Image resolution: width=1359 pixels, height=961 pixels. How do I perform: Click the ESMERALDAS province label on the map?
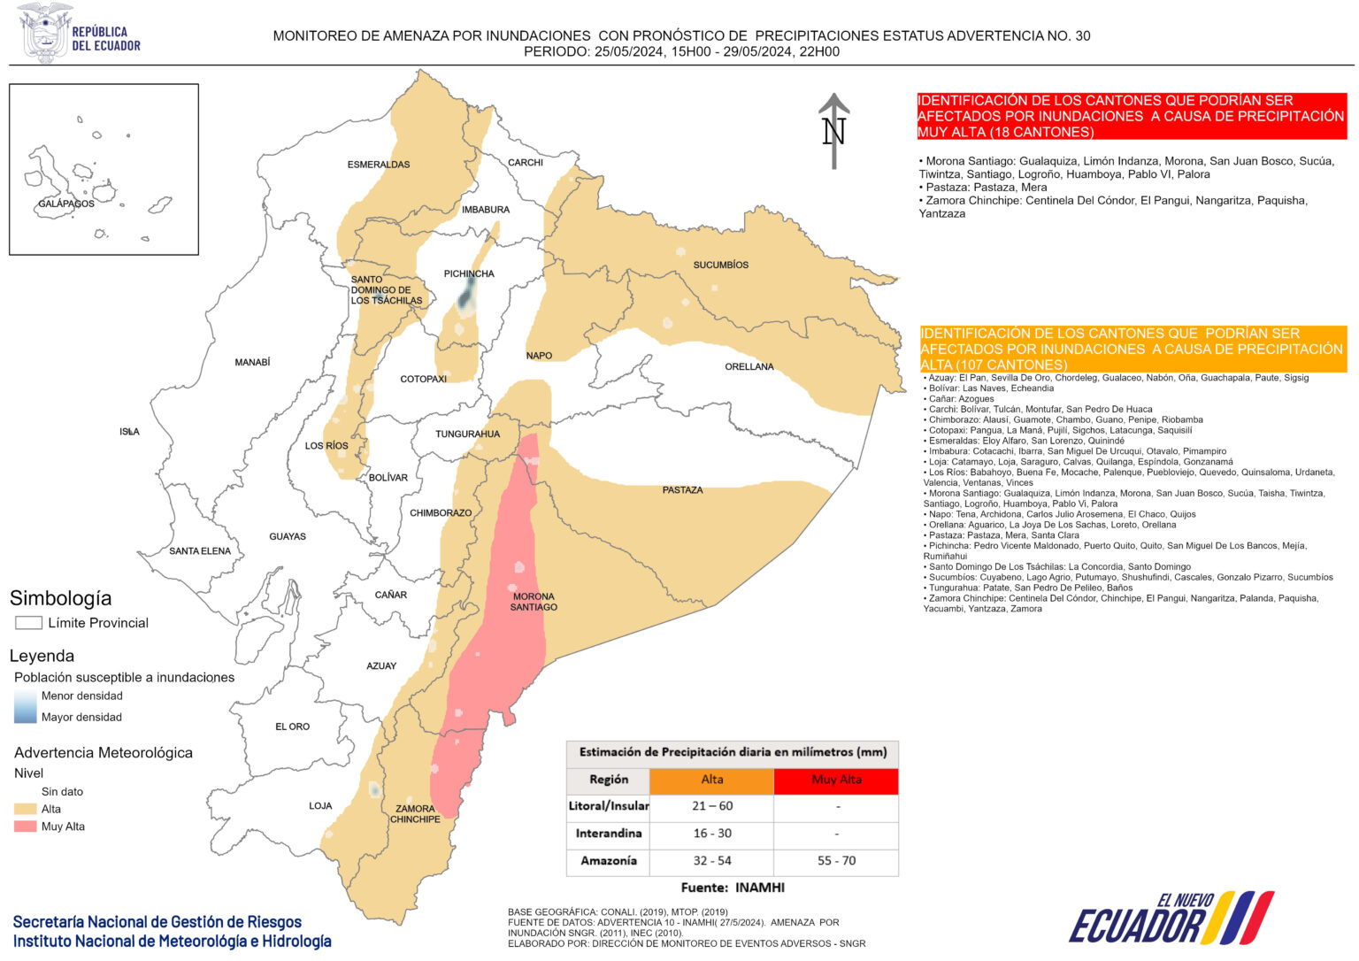379,165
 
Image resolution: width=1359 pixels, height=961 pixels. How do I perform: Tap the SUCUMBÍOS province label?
720,265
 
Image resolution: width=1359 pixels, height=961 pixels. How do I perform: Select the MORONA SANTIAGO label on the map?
534,602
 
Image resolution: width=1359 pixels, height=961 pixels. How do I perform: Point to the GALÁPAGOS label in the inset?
66,204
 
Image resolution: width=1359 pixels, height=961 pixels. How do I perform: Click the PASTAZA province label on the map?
682,489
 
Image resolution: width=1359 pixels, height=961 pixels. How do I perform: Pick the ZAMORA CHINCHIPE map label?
415,814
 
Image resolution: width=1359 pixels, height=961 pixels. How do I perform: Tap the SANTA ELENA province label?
200,551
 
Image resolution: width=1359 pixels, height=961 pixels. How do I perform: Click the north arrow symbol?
833,131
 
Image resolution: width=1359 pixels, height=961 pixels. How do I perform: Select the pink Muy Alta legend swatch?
26,826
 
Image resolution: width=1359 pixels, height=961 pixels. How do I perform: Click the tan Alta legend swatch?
26,809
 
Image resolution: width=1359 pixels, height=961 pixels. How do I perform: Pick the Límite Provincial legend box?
28,623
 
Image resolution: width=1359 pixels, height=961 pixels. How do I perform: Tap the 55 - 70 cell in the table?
836,861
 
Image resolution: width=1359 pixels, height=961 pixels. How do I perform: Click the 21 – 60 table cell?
712,806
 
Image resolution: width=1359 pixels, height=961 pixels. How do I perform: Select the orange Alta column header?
712,780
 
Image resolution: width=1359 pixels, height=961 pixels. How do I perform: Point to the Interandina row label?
608,834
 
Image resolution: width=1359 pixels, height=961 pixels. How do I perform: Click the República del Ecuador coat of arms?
45,33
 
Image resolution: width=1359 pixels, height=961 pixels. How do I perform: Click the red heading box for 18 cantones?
1132,116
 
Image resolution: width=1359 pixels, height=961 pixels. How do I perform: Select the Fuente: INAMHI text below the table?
732,888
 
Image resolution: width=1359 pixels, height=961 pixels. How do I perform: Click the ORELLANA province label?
749,366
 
